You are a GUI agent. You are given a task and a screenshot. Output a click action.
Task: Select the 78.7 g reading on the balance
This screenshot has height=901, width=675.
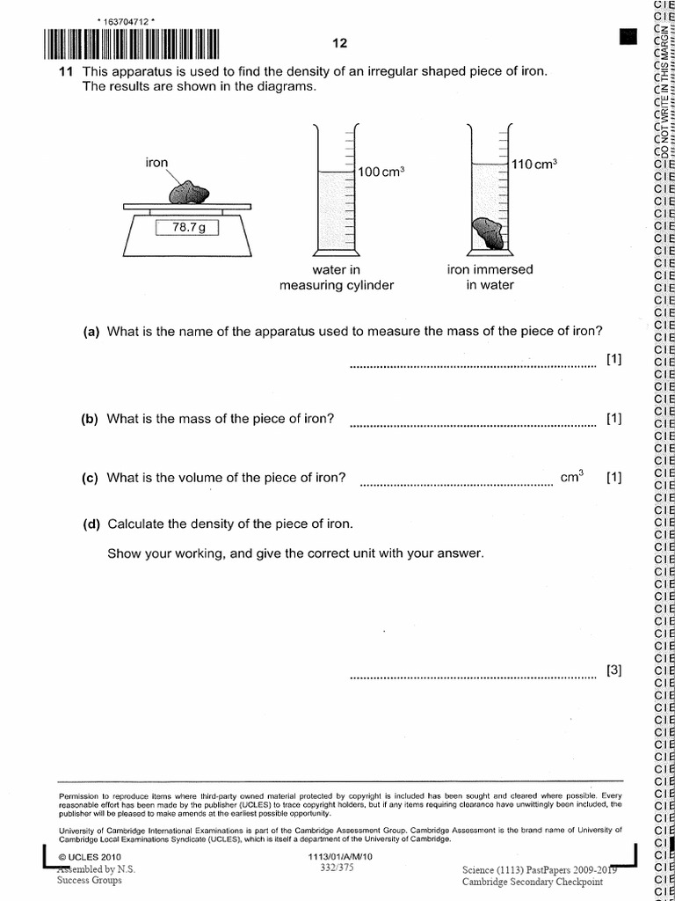point(187,228)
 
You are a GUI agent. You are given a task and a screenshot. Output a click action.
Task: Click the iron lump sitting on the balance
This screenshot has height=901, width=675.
point(190,191)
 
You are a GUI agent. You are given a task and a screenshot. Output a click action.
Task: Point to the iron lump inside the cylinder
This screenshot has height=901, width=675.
point(487,233)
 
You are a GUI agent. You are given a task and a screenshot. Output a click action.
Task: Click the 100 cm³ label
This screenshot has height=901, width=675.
point(380,172)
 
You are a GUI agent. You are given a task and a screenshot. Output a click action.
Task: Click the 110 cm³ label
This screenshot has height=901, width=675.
point(534,165)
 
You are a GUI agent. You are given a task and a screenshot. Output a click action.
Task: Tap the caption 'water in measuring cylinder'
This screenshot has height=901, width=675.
point(337,277)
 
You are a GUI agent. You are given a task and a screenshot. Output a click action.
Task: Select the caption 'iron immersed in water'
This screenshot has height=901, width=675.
point(490,277)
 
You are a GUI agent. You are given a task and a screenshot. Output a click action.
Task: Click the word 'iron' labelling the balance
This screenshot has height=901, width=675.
point(156,162)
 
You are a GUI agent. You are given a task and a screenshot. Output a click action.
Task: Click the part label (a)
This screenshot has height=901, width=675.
point(91,332)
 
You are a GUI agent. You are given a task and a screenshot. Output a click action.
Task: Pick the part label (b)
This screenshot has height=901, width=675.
point(91,419)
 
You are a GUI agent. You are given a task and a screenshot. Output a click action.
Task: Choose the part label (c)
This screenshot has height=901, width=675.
point(91,479)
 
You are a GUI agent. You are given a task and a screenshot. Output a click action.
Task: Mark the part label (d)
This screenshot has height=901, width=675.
point(91,524)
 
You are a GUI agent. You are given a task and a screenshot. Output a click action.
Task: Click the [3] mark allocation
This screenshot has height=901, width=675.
point(613,670)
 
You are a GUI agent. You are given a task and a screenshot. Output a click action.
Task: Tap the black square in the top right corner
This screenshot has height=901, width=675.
point(628,36)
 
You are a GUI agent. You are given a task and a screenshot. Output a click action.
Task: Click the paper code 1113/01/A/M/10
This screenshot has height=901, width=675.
point(341,856)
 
